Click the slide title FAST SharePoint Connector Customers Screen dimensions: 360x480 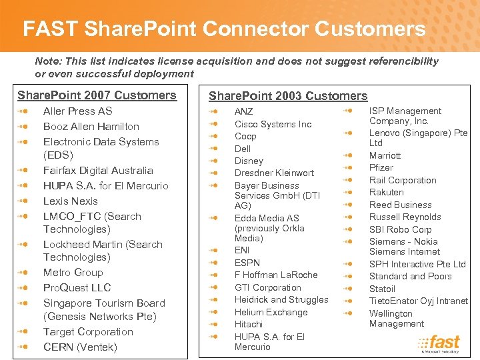[224, 29]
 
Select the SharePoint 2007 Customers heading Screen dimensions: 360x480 [97, 95]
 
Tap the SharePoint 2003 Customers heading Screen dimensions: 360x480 [288, 96]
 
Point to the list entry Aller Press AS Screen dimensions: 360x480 [77, 111]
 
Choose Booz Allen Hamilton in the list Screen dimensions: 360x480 [91, 127]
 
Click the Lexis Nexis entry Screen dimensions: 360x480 [70, 201]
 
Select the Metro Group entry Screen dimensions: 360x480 [73, 273]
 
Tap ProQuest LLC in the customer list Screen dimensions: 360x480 [77, 288]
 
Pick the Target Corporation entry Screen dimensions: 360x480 [88, 332]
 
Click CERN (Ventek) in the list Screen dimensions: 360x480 [79, 347]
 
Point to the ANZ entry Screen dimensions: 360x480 [243, 112]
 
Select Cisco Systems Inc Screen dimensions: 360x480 [273, 124]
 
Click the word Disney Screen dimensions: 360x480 [249, 161]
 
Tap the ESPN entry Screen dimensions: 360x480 [247, 263]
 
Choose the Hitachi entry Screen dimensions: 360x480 [248, 325]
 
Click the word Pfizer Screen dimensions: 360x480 [381, 168]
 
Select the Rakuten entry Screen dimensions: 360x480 [386, 193]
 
